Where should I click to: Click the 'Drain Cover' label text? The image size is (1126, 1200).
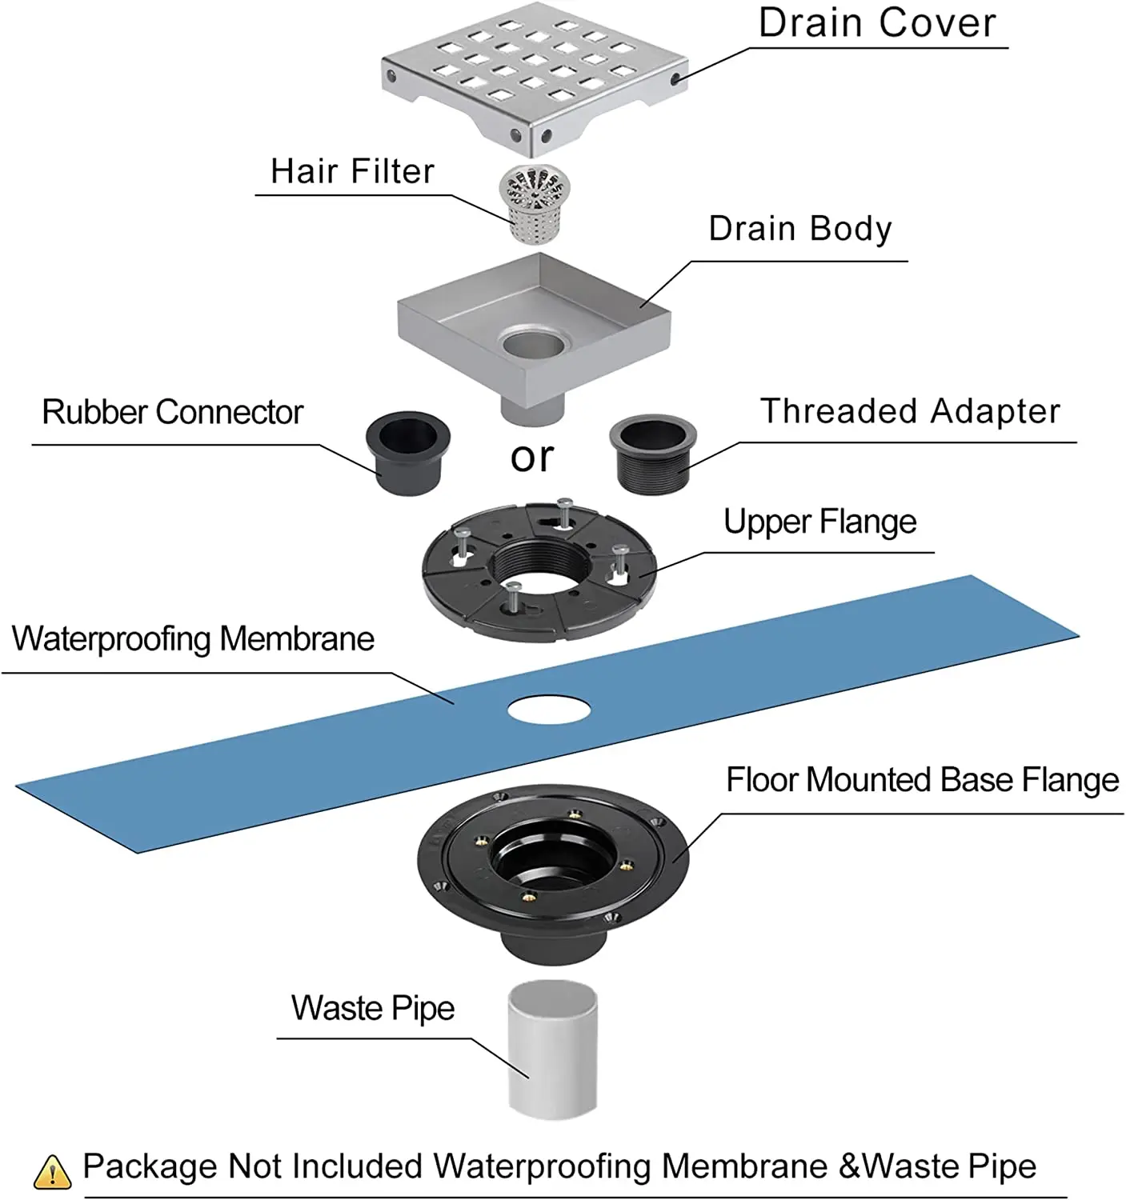click(x=877, y=23)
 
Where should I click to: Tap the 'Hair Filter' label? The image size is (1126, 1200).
click(x=352, y=171)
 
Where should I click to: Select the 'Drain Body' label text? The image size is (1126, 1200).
click(x=799, y=230)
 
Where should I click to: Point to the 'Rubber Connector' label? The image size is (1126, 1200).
click(x=172, y=413)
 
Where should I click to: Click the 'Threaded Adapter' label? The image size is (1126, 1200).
click(x=910, y=412)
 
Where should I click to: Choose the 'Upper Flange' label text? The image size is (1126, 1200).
click(x=819, y=522)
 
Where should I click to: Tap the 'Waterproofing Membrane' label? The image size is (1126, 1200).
click(x=193, y=639)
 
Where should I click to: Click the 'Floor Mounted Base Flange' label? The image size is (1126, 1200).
click(x=922, y=780)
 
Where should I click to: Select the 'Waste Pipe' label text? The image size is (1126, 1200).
click(x=373, y=1008)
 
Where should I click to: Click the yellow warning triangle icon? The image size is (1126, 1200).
click(x=53, y=1171)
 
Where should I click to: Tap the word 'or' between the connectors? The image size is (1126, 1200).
click(x=532, y=458)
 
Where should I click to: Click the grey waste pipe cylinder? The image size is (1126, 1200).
click(x=552, y=1047)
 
